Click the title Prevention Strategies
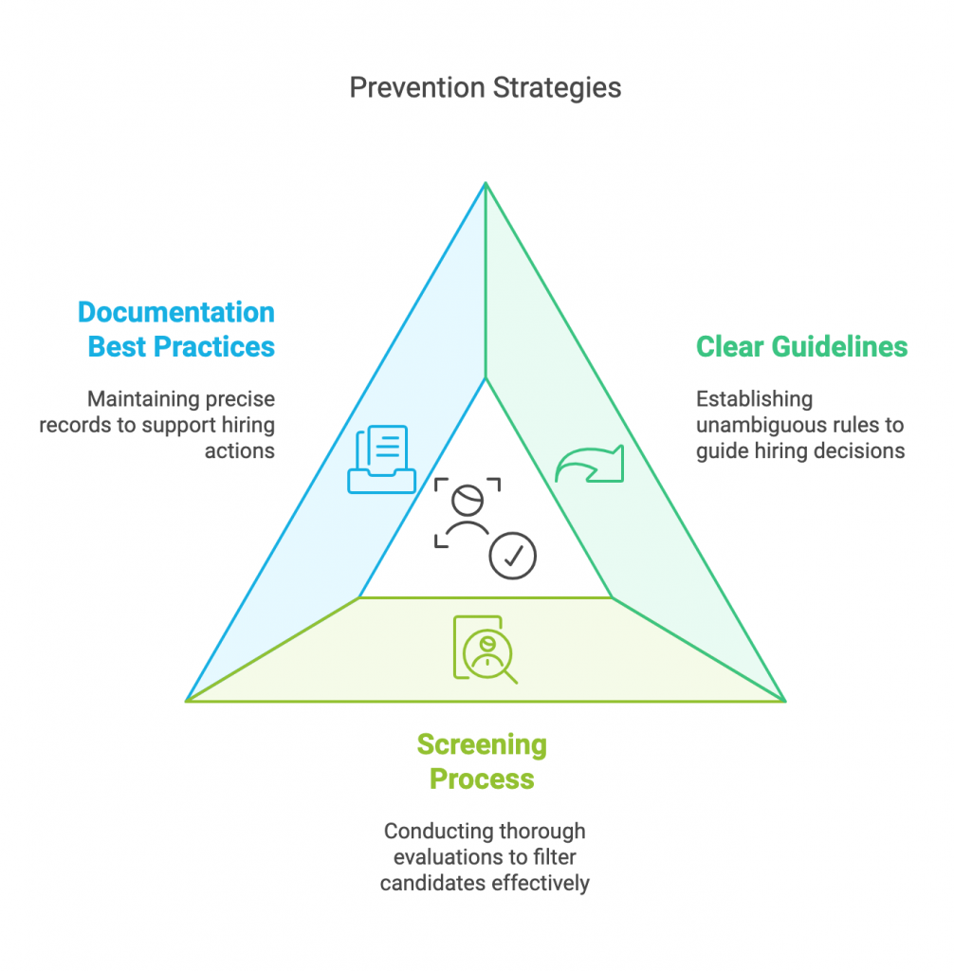485,88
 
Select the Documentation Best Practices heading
177,329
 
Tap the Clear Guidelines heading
801,346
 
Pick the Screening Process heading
482,761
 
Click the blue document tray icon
381,460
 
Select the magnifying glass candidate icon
486,650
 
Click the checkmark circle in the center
513,557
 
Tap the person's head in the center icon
468,498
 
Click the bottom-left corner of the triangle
187,701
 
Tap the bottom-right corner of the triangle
785,701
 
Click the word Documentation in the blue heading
177,312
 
